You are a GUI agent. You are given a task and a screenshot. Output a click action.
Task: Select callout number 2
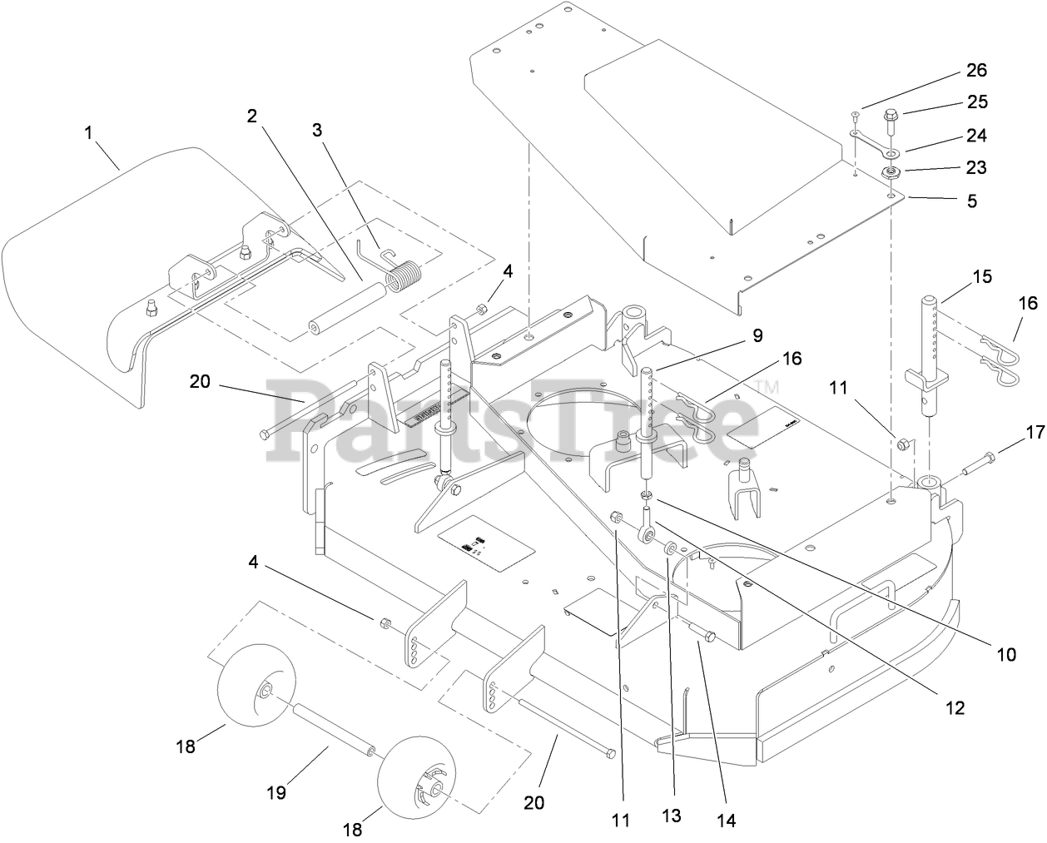[x=251, y=116]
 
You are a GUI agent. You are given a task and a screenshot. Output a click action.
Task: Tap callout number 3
[x=317, y=130]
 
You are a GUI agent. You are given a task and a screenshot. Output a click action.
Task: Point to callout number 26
[x=977, y=70]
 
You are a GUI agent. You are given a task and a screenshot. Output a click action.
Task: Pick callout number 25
[x=977, y=102]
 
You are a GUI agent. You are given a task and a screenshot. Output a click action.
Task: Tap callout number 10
[x=1006, y=654]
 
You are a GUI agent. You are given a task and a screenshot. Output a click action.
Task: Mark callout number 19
[x=275, y=792]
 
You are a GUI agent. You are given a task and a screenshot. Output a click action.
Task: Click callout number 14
[x=727, y=821]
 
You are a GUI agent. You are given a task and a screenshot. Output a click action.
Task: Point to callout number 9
[x=757, y=335]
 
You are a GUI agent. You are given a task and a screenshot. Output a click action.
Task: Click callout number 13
[x=671, y=816]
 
